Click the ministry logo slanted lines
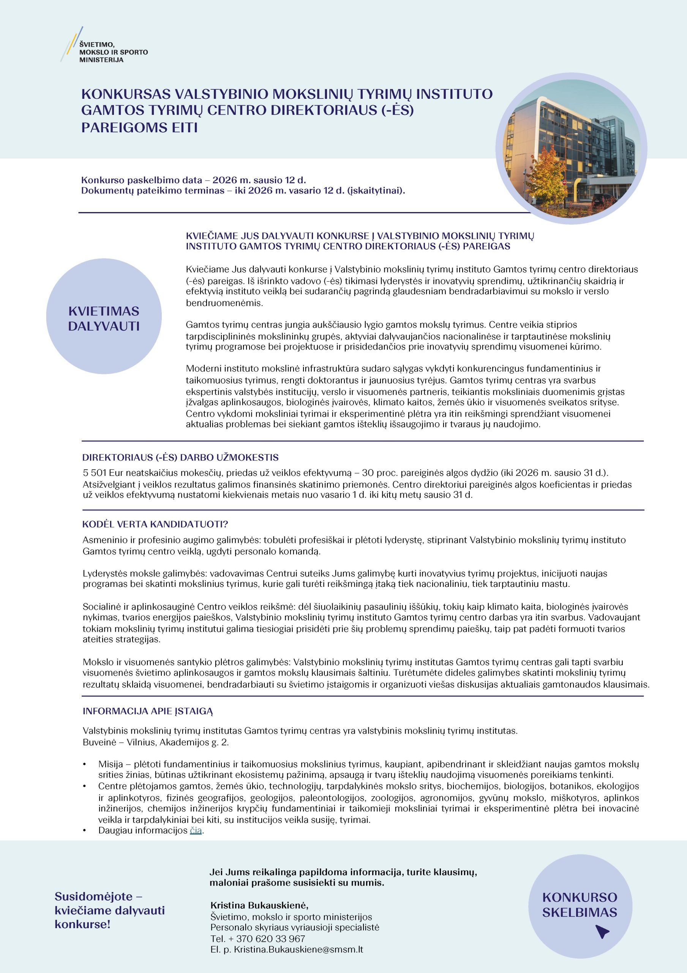tap(71, 44)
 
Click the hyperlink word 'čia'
tap(196, 830)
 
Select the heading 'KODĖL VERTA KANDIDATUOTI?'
tap(155, 524)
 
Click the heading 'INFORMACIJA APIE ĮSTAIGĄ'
tap(147, 711)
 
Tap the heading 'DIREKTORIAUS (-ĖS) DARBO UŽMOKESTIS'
tap(180, 458)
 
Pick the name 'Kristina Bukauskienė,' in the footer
tap(259, 905)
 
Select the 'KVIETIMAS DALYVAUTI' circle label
tap(104, 319)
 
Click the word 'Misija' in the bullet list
tap(111, 764)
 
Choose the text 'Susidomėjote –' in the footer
tap(98, 896)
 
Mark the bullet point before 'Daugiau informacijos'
tap(85, 830)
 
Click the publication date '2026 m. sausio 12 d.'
tap(259, 180)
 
